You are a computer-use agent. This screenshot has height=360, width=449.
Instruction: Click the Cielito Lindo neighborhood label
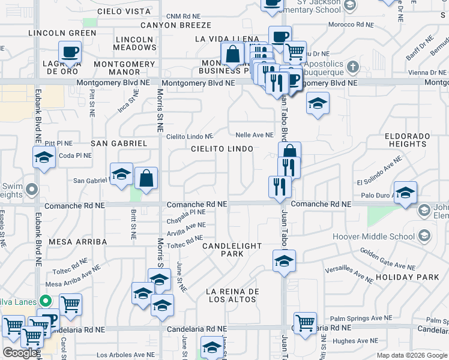(222, 148)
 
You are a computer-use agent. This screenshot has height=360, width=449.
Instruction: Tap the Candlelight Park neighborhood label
(232, 250)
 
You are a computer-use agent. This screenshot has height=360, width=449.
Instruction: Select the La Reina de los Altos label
(232, 295)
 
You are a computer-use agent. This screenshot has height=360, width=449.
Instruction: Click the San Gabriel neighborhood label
(119, 143)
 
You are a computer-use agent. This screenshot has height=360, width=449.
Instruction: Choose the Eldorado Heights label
(408, 140)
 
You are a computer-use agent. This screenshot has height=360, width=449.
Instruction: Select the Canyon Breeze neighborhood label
(176, 25)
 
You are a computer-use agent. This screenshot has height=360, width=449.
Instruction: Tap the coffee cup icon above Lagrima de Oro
(70, 52)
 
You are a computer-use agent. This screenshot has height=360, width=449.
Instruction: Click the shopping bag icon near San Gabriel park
(146, 178)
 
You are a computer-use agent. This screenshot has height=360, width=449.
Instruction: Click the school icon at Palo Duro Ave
(405, 193)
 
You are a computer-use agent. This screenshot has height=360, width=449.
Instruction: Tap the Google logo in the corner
(20, 353)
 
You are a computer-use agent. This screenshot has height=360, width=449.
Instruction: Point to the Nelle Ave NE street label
(255, 136)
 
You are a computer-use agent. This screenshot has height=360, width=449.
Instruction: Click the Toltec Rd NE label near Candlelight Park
(185, 241)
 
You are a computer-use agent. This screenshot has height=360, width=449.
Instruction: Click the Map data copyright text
(412, 355)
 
